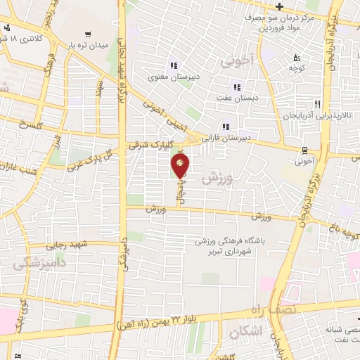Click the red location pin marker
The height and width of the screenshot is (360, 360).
coord(181,166)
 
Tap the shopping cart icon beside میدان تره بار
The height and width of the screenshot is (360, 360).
coord(87,33)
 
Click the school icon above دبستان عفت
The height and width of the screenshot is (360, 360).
coord(237,87)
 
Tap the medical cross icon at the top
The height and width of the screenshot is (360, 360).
coord(280,7)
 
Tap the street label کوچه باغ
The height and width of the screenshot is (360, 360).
coord(347,228)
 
